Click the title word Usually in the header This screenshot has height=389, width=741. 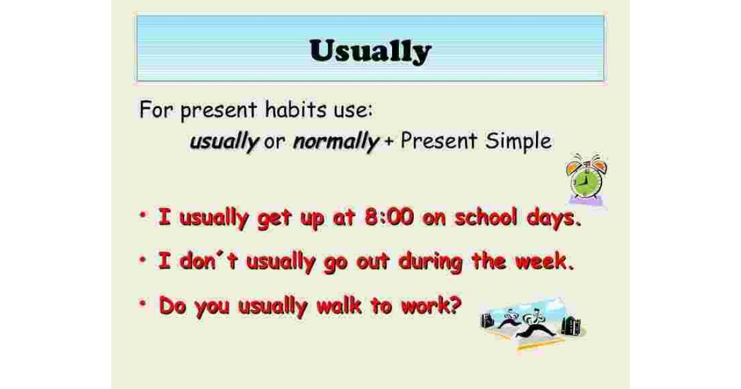click(370, 51)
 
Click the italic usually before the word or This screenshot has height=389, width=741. click(224, 142)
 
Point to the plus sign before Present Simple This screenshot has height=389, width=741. click(388, 142)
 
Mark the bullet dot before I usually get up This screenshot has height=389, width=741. click(144, 215)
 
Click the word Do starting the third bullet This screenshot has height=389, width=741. click(173, 305)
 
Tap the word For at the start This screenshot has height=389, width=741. click(157, 111)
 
